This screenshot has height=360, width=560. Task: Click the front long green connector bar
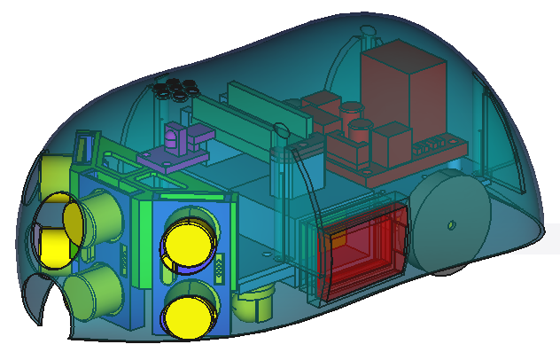point(226,129)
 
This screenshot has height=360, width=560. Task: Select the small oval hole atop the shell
point(369,35)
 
